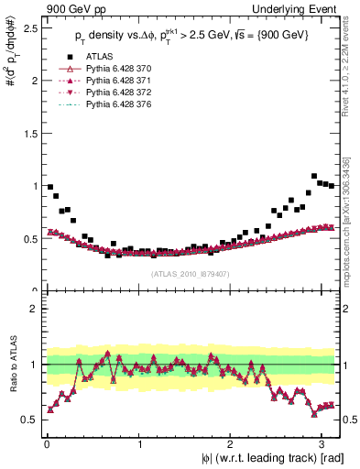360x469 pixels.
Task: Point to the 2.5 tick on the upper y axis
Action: pos(29,27)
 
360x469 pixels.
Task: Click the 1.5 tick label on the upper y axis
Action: pos(29,133)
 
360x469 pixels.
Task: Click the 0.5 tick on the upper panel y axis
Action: pos(29,238)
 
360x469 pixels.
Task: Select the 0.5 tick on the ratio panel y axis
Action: pos(29,420)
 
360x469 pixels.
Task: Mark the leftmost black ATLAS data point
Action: pos(50,187)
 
